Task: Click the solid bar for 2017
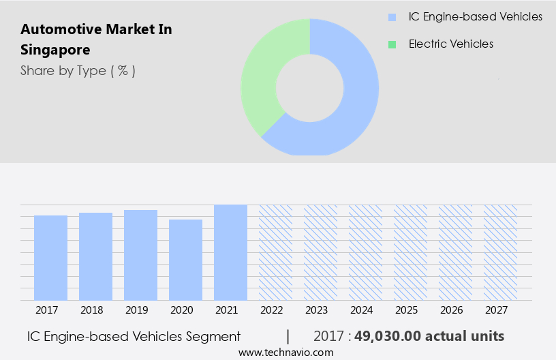tap(51, 258)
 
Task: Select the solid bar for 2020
tap(186, 260)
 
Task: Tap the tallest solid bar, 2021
tap(231, 252)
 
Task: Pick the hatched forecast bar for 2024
tap(366, 252)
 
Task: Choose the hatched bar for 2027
tap(500, 252)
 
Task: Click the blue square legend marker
tap(392, 17)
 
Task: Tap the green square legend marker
tap(392, 44)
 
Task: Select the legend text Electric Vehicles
tap(451, 44)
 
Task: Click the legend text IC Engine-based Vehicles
tap(476, 17)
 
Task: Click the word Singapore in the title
tap(55, 50)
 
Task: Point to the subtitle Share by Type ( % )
tap(78, 71)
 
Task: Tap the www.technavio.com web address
tap(285, 352)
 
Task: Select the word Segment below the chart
tap(215, 336)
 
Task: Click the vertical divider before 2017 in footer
tap(288, 336)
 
